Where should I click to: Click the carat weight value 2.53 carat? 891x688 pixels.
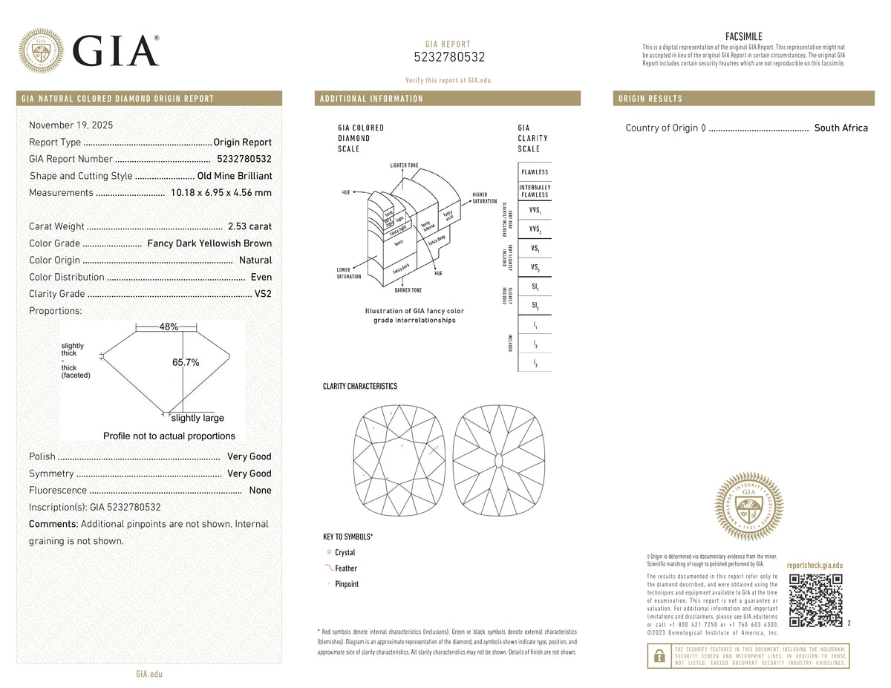(250, 226)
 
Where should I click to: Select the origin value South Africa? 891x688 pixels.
(841, 128)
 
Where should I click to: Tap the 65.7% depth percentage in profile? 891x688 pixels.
(186, 362)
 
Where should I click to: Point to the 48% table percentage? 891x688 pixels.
(169, 327)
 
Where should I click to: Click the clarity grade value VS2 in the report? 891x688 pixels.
(263, 294)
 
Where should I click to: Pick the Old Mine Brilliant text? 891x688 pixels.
(235, 176)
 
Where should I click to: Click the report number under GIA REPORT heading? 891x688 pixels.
(449, 57)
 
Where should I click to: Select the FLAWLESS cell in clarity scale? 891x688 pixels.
(535, 172)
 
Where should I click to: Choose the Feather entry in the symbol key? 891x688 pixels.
(345, 569)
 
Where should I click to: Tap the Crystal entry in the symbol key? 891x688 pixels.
(345, 553)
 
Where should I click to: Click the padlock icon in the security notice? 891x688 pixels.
(658, 656)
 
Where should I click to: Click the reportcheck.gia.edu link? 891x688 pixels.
(815, 566)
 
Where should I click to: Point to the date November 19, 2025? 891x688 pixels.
(71, 125)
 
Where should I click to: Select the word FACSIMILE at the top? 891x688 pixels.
(743, 36)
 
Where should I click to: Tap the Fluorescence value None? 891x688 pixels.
(261, 491)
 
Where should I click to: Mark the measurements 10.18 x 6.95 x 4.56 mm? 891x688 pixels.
(221, 193)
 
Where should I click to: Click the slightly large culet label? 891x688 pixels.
(198, 418)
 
